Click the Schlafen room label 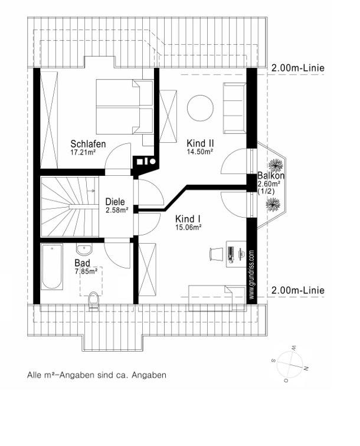tap(88, 144)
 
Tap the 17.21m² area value tap(83, 152)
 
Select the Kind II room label tap(200, 143)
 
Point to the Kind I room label tap(189, 219)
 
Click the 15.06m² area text tap(189, 227)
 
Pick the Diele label tap(115, 202)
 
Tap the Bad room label tap(82, 263)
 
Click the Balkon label tap(271, 176)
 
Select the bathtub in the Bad tap(52, 267)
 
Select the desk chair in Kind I tap(215, 254)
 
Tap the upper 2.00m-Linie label tap(297, 68)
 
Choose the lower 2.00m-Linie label tap(297, 291)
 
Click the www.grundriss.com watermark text tap(251, 275)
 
